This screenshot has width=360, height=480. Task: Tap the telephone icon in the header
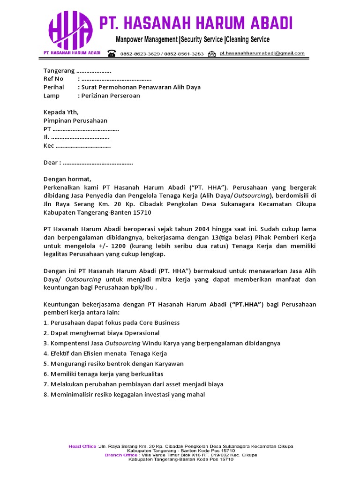[x=112, y=53]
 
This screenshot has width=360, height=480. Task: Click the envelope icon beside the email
[x=212, y=53]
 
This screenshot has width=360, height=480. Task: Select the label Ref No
[x=53, y=79]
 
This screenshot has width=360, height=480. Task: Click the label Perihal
[x=54, y=87]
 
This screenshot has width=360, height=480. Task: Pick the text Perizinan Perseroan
[x=111, y=96]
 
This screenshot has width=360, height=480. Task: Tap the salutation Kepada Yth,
[x=61, y=112]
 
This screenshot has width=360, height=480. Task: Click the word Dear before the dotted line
[x=51, y=163]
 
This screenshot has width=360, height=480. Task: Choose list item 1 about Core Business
[x=112, y=323]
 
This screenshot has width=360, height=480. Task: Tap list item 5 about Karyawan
[x=113, y=364]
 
